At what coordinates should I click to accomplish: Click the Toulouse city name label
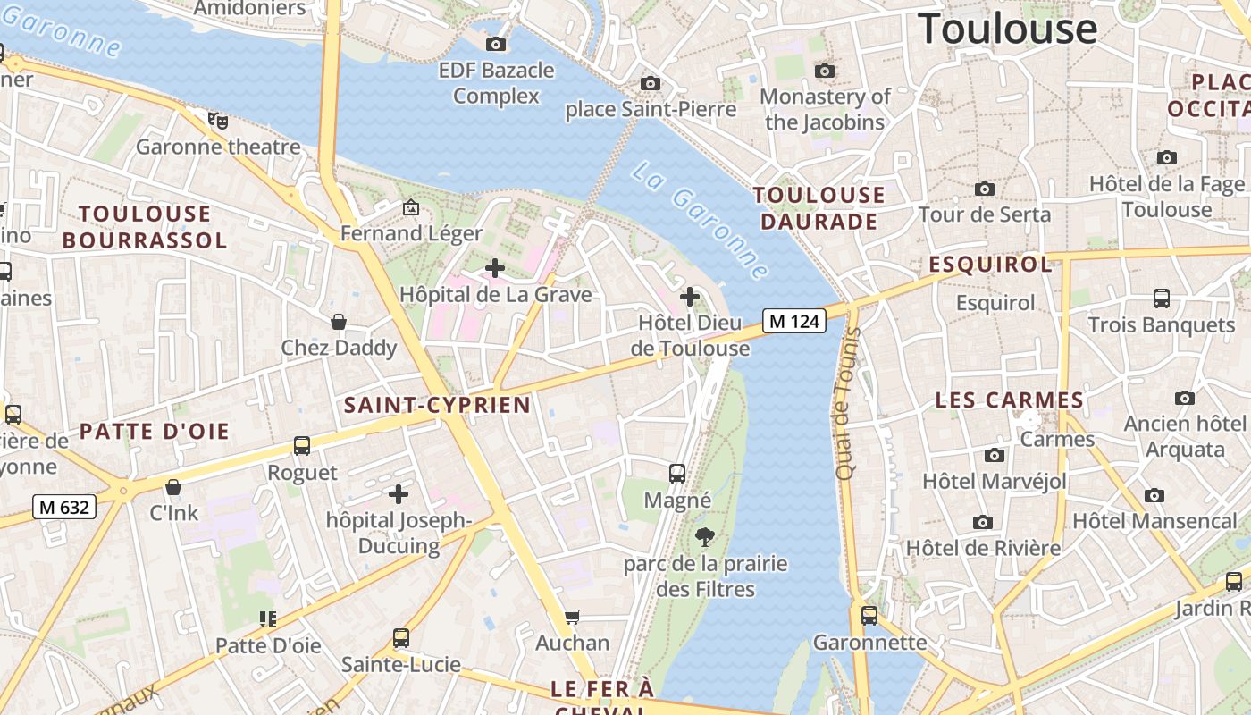tap(1007, 29)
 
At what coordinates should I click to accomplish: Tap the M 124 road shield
tap(794, 321)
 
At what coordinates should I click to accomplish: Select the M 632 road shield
tap(64, 508)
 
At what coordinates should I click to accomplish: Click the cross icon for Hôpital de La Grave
tap(494, 267)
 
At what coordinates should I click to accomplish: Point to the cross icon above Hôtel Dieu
tap(690, 296)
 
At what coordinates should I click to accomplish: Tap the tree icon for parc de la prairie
tap(705, 537)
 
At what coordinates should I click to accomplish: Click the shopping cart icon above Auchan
tap(572, 617)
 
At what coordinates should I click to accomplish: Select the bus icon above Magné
tap(677, 474)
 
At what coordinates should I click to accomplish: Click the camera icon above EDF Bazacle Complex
tap(496, 44)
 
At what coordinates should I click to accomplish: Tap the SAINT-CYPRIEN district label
tap(438, 405)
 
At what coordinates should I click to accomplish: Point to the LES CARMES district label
tap(1009, 400)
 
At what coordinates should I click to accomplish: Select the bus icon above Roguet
tap(302, 445)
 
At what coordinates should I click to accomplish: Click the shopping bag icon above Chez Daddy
tap(339, 322)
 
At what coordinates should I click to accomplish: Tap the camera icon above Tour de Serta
tap(985, 189)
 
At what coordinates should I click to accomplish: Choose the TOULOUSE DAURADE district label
tap(819, 207)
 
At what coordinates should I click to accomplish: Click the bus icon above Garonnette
tap(869, 616)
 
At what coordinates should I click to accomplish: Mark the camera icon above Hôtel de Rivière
tap(983, 522)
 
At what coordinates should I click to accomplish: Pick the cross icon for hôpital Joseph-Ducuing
tap(399, 493)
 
